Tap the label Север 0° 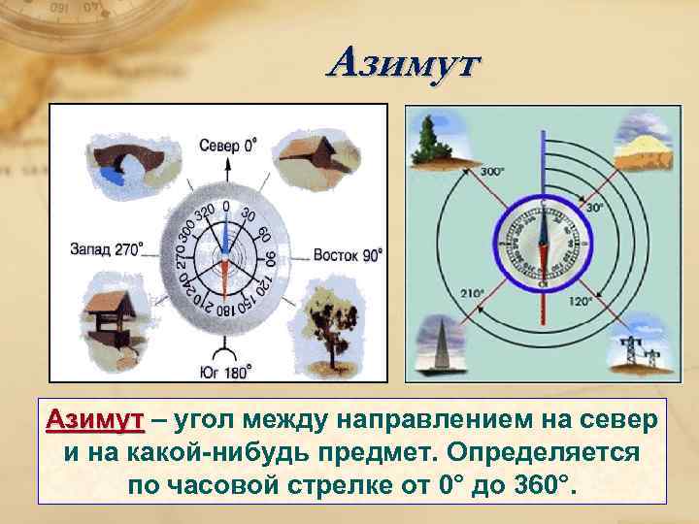229,146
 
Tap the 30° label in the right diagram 594,207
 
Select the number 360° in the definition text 543,483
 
